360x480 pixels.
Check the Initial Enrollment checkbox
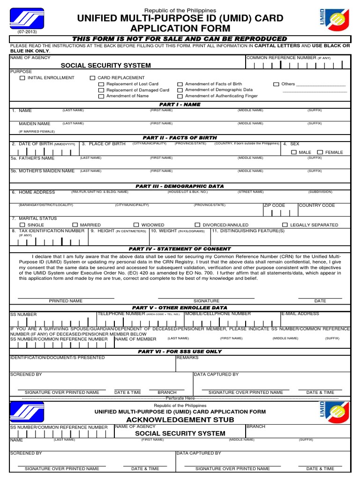pyautogui.click(x=22, y=78)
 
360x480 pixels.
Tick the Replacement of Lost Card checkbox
pyautogui.click(x=101, y=84)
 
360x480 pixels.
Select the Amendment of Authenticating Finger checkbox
pyautogui.click(x=180, y=96)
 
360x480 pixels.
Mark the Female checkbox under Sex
pyautogui.click(x=320, y=152)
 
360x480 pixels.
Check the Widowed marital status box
pyautogui.click(x=136, y=225)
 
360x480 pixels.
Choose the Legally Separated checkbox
pyautogui.click(x=285, y=225)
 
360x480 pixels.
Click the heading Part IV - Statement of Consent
pyautogui.click(x=180, y=249)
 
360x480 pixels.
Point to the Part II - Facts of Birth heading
pyautogui.click(x=180, y=138)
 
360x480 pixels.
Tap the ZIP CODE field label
pyautogui.click(x=274, y=205)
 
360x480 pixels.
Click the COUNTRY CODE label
pyautogui.click(x=317, y=205)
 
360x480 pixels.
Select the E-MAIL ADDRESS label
pyautogui.click(x=300, y=314)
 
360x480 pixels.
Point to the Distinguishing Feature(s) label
pyautogui.click(x=248, y=231)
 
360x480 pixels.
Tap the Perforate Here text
pyautogui.click(x=180, y=398)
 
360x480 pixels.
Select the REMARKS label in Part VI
pyautogui.click(x=187, y=358)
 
